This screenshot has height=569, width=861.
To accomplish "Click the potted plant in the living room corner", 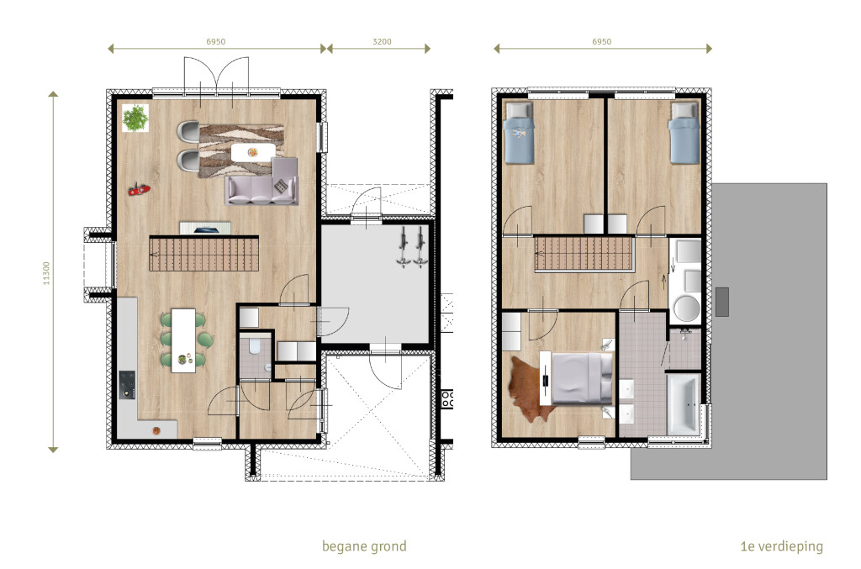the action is point(135,118).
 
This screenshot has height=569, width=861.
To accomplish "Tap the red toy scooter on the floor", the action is point(139,190).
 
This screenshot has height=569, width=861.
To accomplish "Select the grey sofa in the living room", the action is point(262,182).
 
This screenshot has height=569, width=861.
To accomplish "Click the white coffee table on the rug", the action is point(252,152).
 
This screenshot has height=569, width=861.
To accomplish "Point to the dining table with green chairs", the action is point(183,340).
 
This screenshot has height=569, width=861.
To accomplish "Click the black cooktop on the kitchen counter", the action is point(128,385).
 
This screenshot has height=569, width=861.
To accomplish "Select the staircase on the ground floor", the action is point(203,254).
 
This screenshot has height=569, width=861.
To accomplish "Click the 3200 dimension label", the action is point(382,42).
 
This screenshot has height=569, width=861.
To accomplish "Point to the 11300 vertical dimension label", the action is point(46,272).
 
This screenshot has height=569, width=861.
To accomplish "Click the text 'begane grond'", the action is point(364,546).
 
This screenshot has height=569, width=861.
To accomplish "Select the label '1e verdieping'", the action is point(781,546).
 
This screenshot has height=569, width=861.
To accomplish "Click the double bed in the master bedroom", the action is point(582,378).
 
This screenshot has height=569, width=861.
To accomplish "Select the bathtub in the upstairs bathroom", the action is point(684,403).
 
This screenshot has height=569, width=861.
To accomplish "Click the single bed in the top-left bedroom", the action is point(518,134).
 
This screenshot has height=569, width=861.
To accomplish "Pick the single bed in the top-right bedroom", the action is point(684,134).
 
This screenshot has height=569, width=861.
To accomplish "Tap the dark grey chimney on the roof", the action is point(722,302).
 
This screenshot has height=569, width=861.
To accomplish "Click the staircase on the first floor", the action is point(584,254).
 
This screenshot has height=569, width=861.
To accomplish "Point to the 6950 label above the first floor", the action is point(601,42).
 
